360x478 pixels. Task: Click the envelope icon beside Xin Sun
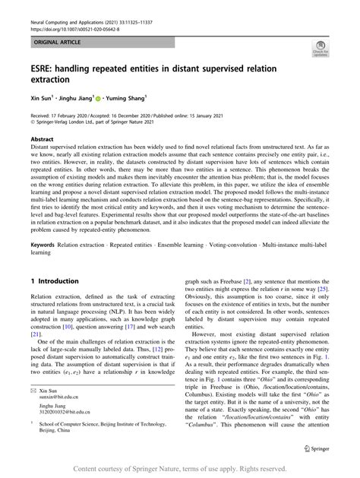click(33, 390)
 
